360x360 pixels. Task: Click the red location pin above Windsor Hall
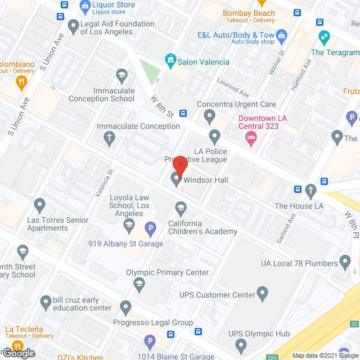[180, 165]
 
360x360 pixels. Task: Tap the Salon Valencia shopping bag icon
[169, 59]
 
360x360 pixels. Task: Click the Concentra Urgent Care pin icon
[210, 117]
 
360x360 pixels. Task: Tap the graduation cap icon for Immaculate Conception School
[121, 75]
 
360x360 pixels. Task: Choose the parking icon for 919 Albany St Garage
[150, 229]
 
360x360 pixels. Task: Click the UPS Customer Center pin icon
[262, 293]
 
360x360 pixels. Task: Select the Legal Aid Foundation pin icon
[73, 25]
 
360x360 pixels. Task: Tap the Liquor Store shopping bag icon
[85, 7]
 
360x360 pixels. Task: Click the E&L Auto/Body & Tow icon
[282, 36]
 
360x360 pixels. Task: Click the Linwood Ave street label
[233, 88]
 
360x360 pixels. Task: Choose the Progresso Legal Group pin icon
[125, 308]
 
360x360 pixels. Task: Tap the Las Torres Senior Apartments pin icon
[39, 204]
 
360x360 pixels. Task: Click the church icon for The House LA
[310, 191]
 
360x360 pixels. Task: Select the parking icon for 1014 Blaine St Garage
[150, 341]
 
